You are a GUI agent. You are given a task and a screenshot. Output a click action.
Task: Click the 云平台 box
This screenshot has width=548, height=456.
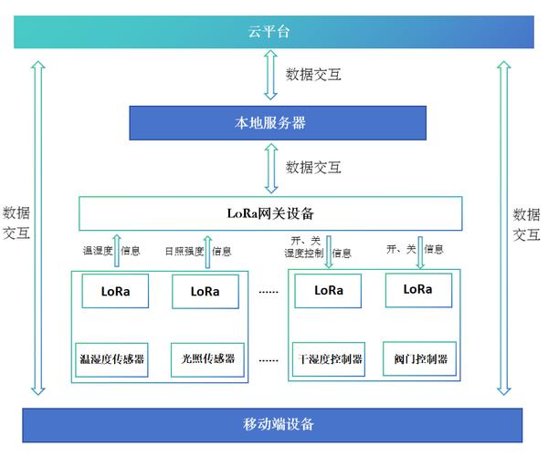(x=273, y=32)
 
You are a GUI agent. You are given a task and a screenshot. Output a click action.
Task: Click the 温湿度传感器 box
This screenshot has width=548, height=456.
(x=112, y=358)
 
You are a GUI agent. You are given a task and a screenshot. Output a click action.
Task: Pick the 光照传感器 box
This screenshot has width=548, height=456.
(x=205, y=358)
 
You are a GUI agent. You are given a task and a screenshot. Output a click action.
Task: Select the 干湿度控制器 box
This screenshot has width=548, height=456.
(x=328, y=358)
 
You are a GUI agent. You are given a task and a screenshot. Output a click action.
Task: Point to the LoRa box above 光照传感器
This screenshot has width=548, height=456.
(x=205, y=291)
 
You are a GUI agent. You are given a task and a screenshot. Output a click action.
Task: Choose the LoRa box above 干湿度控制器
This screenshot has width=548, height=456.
(x=328, y=291)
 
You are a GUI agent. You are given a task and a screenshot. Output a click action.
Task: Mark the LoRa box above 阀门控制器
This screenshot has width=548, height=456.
(x=417, y=290)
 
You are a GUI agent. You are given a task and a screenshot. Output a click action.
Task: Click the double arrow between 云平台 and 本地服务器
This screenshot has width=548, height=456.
(x=270, y=75)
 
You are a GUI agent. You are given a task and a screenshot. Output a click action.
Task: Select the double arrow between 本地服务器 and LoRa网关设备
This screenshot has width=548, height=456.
(x=270, y=167)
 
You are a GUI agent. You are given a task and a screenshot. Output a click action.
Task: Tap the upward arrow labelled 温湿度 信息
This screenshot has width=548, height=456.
(x=117, y=251)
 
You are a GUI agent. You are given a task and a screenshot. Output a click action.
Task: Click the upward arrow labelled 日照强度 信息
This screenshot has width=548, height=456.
(x=206, y=251)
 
